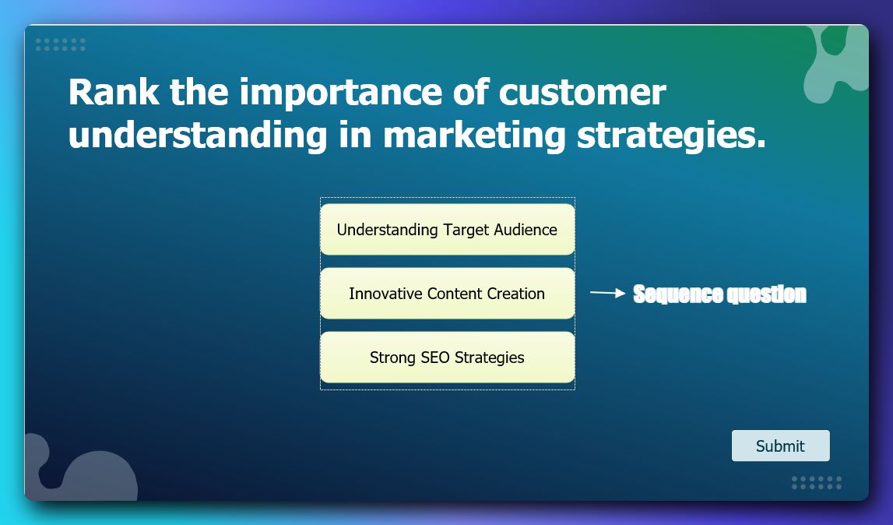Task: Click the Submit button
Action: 780,446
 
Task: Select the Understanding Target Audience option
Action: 447,229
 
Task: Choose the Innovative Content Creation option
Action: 447,293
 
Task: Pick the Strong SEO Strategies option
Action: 447,357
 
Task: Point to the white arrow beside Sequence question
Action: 608,293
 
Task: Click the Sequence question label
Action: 720,294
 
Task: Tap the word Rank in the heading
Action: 114,91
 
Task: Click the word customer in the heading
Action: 582,93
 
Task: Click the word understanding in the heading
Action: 198,136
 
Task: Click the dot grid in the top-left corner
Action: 61,44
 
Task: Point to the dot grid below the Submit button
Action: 817,483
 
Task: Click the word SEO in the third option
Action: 435,358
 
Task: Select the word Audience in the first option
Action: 526,230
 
